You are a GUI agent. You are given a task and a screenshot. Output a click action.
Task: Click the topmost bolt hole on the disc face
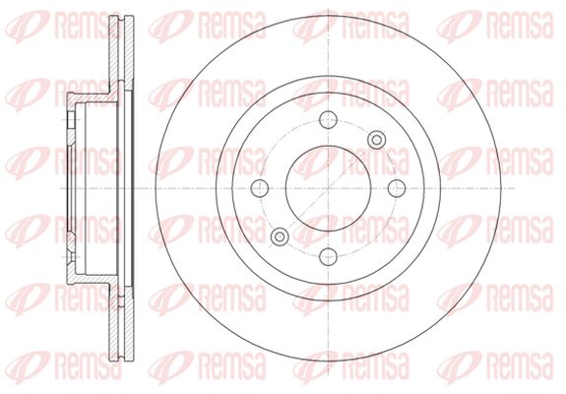pos(328,120)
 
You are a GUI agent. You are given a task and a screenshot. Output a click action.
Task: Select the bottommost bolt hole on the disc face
pos(328,256)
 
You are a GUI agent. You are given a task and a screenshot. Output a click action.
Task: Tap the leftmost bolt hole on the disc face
pos(260,188)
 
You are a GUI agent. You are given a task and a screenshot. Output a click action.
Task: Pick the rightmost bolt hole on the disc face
pos(397,188)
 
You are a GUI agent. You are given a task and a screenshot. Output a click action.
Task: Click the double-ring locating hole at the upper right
pos(376,140)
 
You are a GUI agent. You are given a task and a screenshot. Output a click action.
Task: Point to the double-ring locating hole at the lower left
pos(280,236)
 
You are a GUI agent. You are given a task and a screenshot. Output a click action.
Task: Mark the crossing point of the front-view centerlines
pos(328,188)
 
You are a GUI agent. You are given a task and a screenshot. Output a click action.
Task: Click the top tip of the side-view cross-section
pos(121,16)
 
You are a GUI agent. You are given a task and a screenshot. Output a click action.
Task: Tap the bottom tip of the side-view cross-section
pos(121,361)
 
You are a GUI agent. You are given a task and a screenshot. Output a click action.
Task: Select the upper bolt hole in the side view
pos(71,120)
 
